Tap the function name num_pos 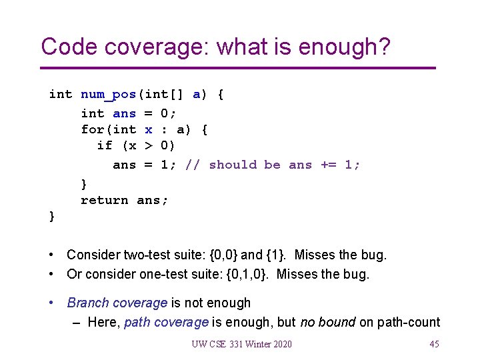109,94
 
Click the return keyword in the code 105,199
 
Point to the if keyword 105,145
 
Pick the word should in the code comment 233,164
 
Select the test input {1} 277,255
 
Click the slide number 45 434,344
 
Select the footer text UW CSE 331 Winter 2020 241,344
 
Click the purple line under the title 238,68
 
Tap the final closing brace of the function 52,215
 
